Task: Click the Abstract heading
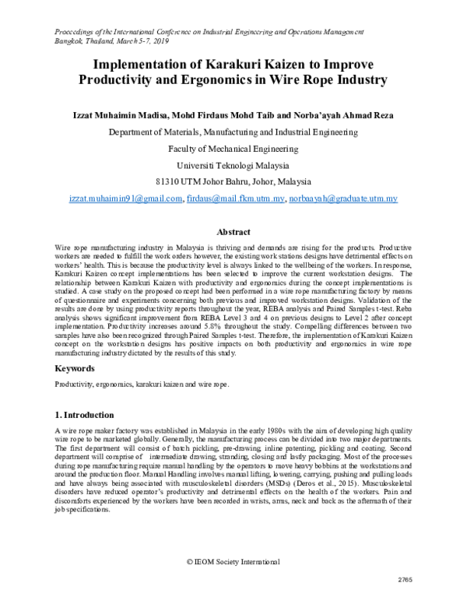[x=233, y=232]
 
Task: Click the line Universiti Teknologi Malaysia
[x=233, y=165]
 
